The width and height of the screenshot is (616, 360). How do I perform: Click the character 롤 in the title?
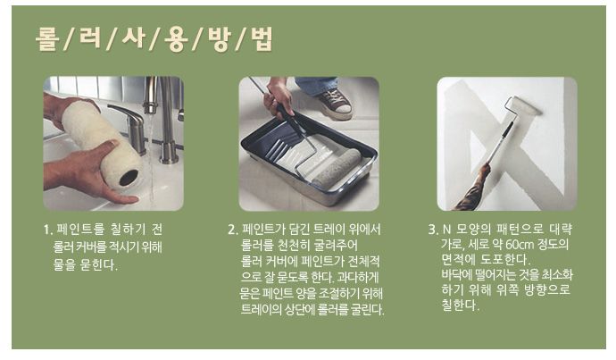tap(47, 38)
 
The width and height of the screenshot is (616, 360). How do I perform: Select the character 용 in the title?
tap(176, 39)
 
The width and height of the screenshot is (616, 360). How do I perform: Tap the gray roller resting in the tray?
tap(337, 167)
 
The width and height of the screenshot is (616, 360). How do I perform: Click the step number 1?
tap(47, 230)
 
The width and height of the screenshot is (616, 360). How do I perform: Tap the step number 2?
tap(233, 230)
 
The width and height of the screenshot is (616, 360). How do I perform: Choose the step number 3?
tap(433, 229)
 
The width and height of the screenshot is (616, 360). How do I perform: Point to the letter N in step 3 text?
tap(446, 229)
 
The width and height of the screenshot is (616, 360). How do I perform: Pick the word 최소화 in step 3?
tap(557, 274)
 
